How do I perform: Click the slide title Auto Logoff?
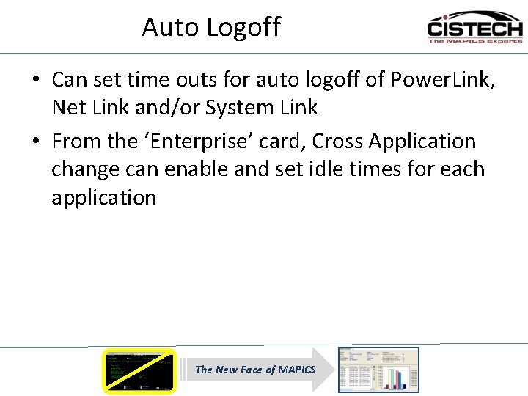pyautogui.click(x=211, y=27)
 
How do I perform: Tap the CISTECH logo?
pyautogui.click(x=475, y=27)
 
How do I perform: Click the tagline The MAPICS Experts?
pyautogui.click(x=475, y=41)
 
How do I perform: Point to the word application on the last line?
pyautogui.click(x=103, y=198)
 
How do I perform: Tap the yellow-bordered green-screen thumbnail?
pyautogui.click(x=139, y=370)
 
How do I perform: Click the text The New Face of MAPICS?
pyautogui.click(x=254, y=370)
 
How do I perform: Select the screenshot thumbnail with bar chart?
pyautogui.click(x=378, y=370)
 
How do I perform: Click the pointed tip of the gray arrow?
pyautogui.click(x=331, y=370)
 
